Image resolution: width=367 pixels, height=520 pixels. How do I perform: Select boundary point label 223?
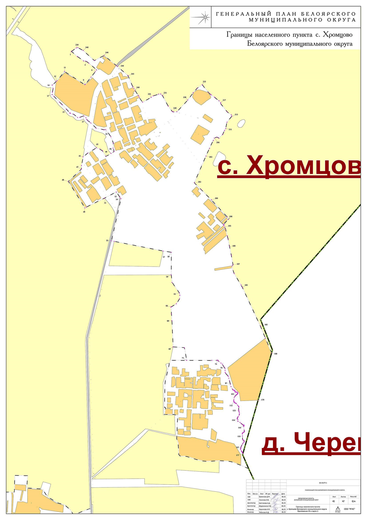204,82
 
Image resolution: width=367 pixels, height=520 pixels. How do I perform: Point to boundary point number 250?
77,45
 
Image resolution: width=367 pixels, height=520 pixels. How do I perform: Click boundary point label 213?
236,114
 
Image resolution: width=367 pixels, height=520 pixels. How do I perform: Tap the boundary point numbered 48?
63,180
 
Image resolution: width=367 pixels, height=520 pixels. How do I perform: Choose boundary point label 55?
107,241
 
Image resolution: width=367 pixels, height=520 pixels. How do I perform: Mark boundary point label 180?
275,354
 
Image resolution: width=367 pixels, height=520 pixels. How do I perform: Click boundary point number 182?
266,324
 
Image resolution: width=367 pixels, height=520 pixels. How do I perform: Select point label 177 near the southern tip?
237,455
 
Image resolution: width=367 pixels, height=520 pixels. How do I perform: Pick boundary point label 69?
169,349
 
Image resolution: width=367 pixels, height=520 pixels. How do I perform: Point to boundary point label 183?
246,285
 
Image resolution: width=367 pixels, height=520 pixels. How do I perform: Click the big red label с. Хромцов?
289,165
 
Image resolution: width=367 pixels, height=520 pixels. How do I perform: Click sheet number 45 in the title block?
333,501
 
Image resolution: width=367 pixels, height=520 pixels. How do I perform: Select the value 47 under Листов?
343,501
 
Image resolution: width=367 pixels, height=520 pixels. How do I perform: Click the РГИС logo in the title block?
338,509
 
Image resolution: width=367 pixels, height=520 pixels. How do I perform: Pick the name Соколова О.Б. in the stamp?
265,500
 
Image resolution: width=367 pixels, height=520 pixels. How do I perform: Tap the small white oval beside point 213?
241,123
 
